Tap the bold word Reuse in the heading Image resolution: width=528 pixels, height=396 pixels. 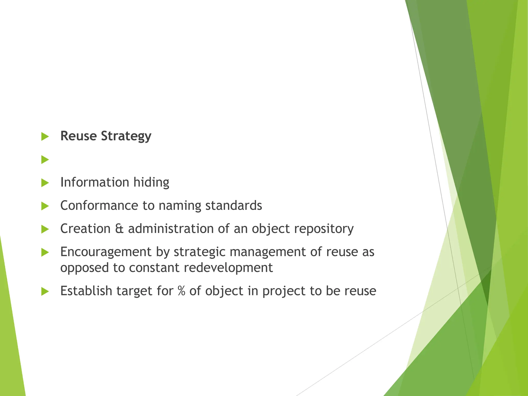[x=78, y=136]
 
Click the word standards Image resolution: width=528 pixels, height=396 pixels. [x=234, y=205]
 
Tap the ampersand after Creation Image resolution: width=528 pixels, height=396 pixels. [x=119, y=229]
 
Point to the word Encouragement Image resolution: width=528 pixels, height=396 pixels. [x=106, y=252]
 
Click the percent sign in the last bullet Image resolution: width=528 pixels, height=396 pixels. [x=181, y=291]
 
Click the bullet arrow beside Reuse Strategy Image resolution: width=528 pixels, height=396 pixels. [x=45, y=137]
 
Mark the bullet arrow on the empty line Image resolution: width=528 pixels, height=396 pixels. [x=45, y=160]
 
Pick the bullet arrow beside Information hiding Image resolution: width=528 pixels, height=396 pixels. [x=45, y=183]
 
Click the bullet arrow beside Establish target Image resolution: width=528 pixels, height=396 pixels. [x=45, y=292]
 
